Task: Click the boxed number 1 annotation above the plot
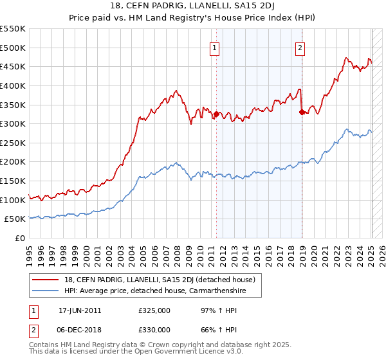pyautogui.click(x=214, y=46)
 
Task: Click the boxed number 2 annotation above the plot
pyautogui.click(x=300, y=46)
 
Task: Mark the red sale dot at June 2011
pyautogui.click(x=216, y=114)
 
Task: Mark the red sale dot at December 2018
pyautogui.click(x=302, y=112)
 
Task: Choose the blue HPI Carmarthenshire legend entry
pyautogui.click(x=155, y=291)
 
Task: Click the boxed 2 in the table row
pyautogui.click(x=33, y=329)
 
